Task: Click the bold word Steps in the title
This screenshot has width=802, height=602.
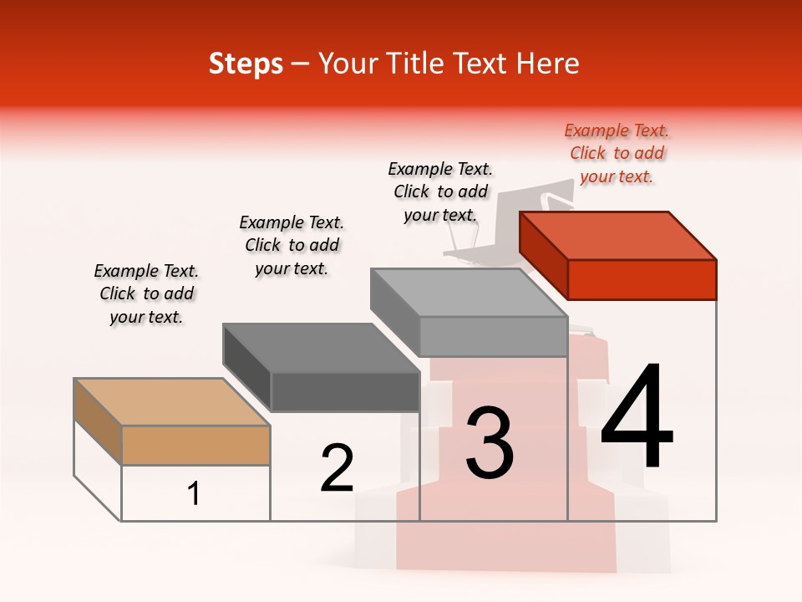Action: tap(246, 64)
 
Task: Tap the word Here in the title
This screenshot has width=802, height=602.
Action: tap(548, 64)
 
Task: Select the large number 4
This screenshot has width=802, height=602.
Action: tap(637, 417)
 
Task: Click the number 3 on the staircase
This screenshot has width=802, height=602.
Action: tap(490, 443)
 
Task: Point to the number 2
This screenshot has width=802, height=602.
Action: tap(338, 468)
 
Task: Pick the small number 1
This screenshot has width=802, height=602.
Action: tap(194, 494)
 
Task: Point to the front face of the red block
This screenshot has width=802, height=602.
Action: tap(642, 279)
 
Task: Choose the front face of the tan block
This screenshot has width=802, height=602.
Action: tap(195, 445)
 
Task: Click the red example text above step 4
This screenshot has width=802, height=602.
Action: tap(617, 154)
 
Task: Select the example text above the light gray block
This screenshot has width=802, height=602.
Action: tap(440, 192)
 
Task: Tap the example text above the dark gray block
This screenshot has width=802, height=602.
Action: tap(292, 246)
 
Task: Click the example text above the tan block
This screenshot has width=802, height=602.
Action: tap(146, 294)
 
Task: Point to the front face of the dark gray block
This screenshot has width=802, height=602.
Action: tap(345, 391)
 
